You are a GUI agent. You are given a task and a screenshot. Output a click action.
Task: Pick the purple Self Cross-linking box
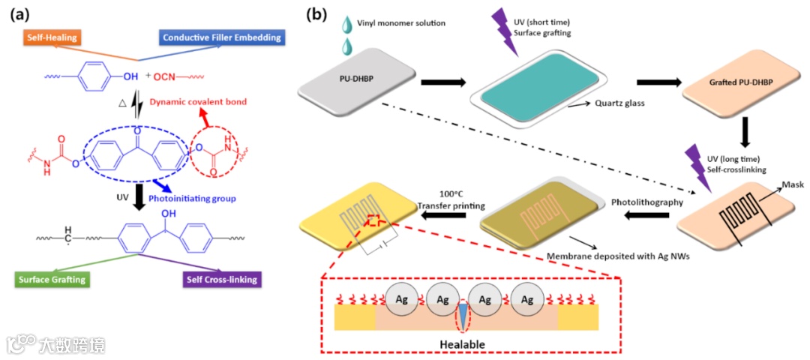click(220, 280)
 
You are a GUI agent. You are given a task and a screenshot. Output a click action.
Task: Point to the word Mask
click(793, 184)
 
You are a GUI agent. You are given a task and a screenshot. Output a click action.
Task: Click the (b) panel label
click(330, 14)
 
